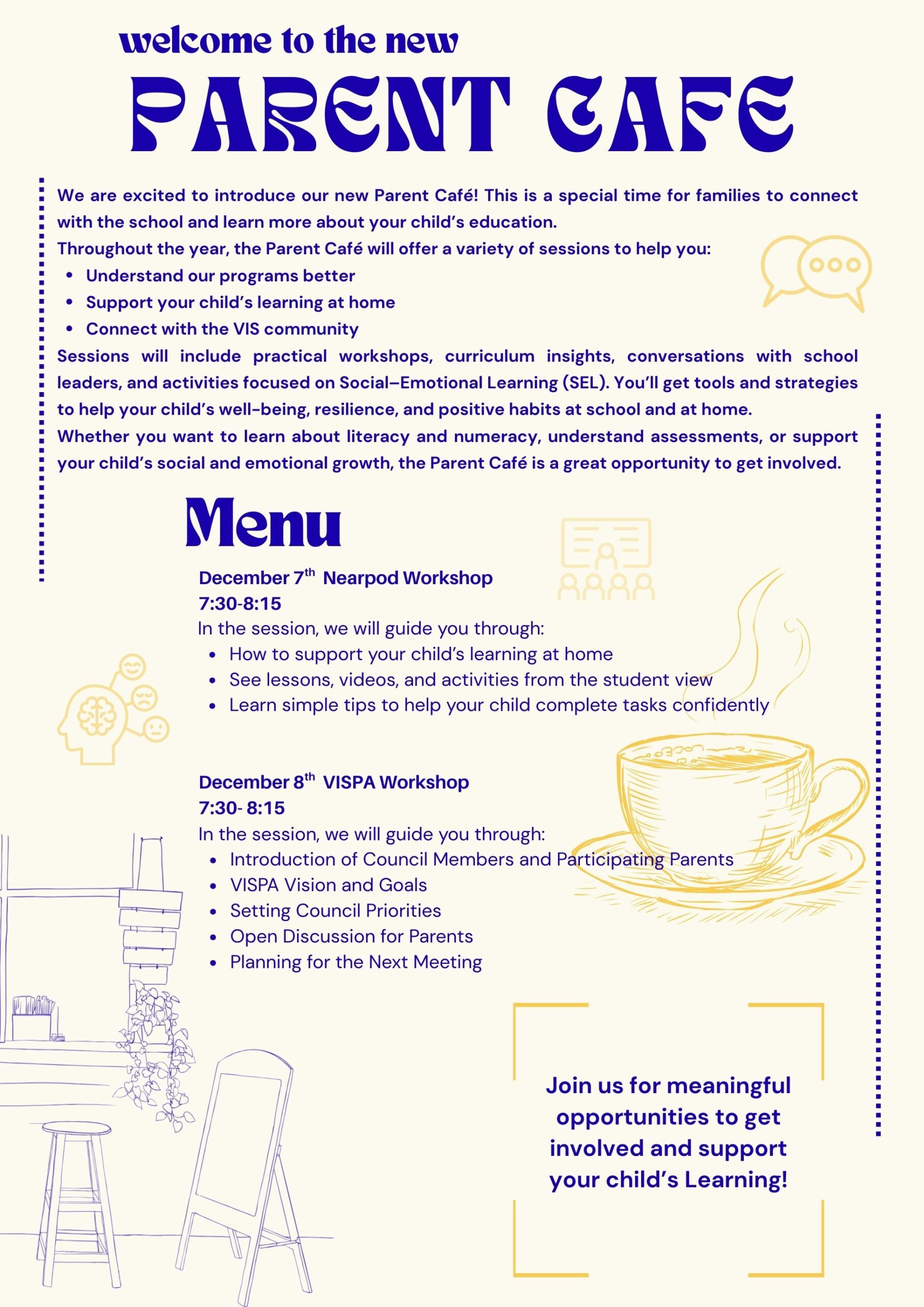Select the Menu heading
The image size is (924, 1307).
(263, 523)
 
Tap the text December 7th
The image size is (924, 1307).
(256, 578)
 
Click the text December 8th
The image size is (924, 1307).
(256, 782)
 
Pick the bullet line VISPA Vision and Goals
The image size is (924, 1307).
(328, 885)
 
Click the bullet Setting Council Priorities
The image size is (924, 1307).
(335, 910)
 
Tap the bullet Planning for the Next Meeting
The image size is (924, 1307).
(356, 961)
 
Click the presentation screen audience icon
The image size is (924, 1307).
(606, 559)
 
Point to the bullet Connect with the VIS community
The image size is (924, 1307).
(222, 329)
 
